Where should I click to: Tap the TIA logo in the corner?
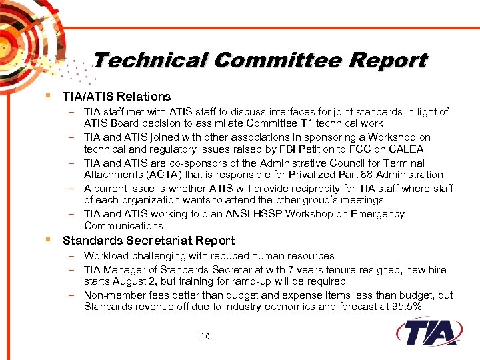[x=427, y=331]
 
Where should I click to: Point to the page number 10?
[x=205, y=336]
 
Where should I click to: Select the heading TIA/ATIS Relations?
[x=117, y=97]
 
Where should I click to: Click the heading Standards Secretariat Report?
[x=149, y=241]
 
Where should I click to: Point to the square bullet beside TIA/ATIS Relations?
[x=51, y=95]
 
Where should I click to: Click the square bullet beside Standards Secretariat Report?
[x=51, y=239]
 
